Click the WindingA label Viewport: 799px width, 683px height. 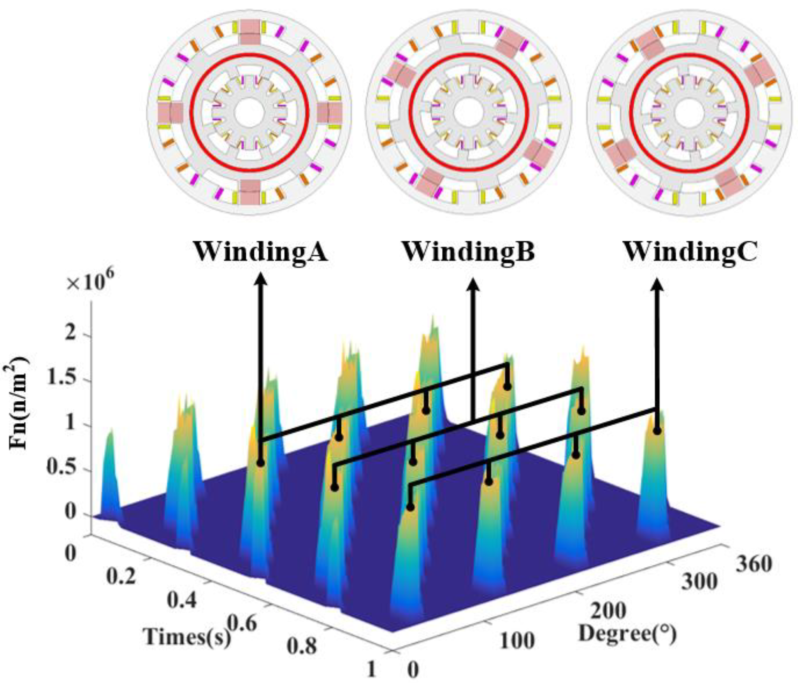261,253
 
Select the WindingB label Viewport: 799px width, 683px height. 469,253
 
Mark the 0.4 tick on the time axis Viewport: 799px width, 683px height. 182,601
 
